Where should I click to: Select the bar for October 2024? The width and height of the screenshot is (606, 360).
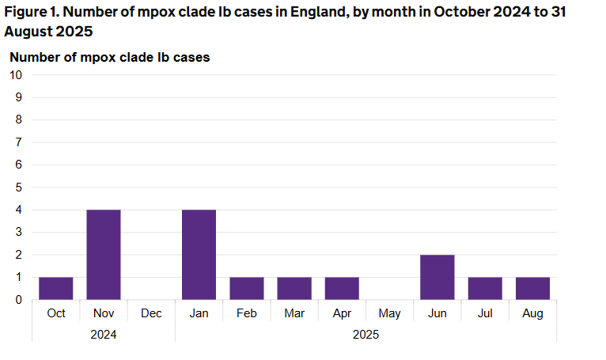pyautogui.click(x=56, y=289)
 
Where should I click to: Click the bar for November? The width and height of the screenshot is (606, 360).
pyautogui.click(x=104, y=255)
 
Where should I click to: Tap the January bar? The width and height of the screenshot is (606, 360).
pyautogui.click(x=199, y=255)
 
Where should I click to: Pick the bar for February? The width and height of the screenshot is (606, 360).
pyautogui.click(x=247, y=289)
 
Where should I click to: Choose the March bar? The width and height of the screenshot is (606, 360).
pyautogui.click(x=294, y=289)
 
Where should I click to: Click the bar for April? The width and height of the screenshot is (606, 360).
pyautogui.click(x=342, y=289)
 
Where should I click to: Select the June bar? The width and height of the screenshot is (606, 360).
pyautogui.click(x=437, y=278)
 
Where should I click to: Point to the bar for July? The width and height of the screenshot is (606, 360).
pyautogui.click(x=485, y=289)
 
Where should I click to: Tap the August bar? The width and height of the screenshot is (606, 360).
pyautogui.click(x=532, y=289)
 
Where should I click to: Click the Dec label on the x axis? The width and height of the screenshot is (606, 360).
pyautogui.click(x=151, y=314)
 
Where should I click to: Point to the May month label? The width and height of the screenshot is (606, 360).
pyautogui.click(x=389, y=314)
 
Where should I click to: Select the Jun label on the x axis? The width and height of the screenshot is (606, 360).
pyautogui.click(x=437, y=314)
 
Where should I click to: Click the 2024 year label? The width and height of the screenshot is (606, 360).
pyautogui.click(x=104, y=335)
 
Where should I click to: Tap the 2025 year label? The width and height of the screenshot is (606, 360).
pyautogui.click(x=365, y=335)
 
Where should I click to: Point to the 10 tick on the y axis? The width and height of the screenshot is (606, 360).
pyautogui.click(x=16, y=75)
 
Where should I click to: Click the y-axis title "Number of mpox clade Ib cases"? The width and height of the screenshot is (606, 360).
pyautogui.click(x=109, y=57)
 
